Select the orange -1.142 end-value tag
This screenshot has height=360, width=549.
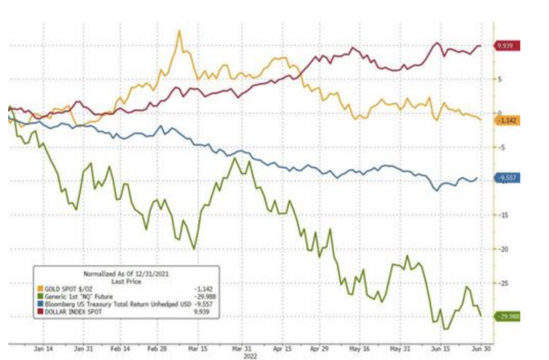pos(508,119)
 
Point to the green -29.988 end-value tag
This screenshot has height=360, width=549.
pos(508,316)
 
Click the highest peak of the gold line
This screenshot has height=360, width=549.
pos(179,31)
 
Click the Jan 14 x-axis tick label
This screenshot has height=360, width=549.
pos(42,347)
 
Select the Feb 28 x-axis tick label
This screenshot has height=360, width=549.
pos(157,347)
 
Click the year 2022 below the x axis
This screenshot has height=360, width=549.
pos(239,355)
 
